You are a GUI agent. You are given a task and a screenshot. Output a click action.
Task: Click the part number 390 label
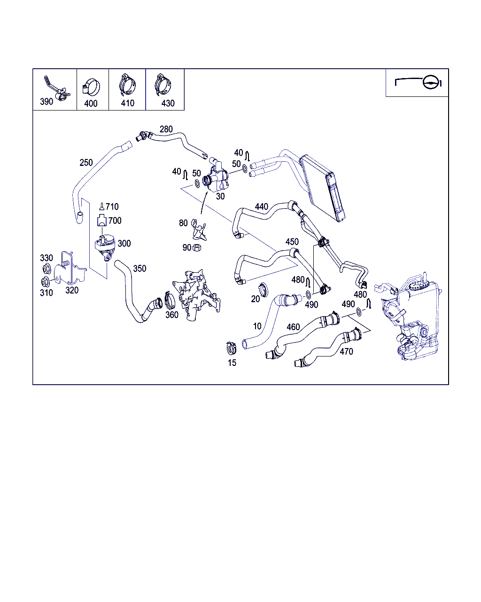tap(47, 101)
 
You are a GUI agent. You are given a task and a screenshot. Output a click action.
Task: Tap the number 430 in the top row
tap(168, 103)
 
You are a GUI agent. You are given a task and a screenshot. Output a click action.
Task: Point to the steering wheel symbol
tap(430, 82)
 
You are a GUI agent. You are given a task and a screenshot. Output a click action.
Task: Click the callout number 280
tap(166, 129)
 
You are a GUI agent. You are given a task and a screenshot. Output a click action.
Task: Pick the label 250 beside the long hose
tap(86, 163)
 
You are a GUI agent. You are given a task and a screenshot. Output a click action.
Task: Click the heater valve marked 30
tap(217, 177)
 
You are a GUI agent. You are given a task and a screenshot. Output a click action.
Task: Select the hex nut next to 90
tap(197, 247)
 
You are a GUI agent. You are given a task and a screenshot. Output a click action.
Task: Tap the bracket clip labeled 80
tap(199, 230)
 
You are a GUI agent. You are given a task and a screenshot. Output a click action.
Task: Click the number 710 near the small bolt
tap(112, 207)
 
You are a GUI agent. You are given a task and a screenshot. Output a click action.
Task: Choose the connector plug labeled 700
tap(102, 220)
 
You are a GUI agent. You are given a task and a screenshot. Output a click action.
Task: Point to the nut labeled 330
tap(47, 269)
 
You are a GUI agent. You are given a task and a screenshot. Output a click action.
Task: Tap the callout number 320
tap(72, 290)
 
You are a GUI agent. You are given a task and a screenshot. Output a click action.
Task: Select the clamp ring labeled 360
tap(170, 300)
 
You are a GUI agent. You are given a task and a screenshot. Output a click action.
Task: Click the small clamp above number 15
tap(231, 348)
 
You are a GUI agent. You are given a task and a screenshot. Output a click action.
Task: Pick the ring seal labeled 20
tap(263, 290)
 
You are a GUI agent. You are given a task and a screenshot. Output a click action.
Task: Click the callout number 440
tap(261, 207)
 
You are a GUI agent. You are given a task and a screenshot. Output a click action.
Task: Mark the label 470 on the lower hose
tap(346, 351)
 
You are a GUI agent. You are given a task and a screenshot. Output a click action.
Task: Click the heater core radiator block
tap(322, 188)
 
